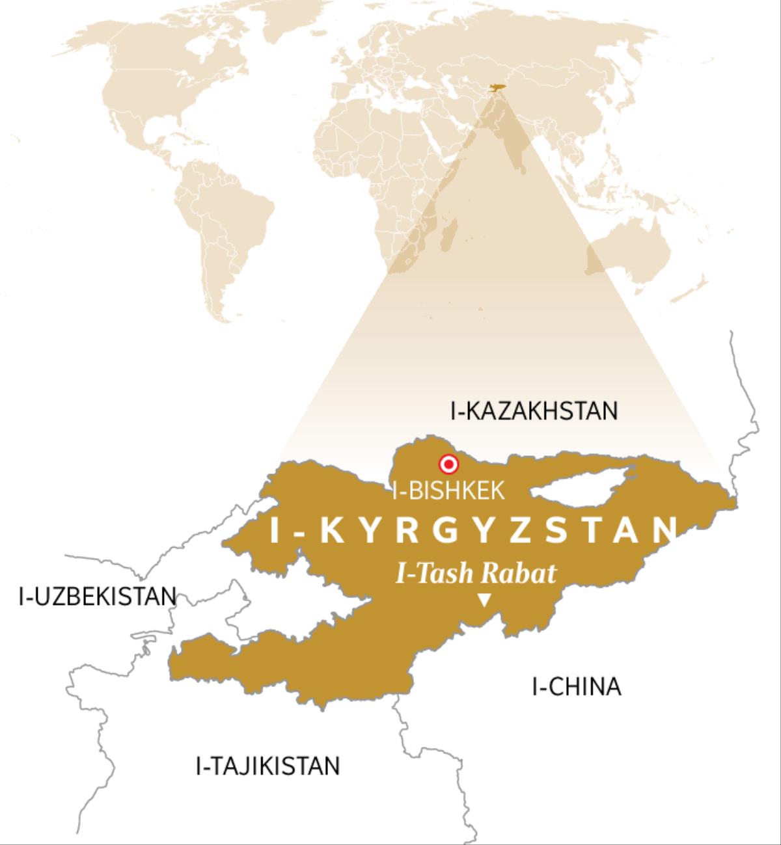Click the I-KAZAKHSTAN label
pos(533,411)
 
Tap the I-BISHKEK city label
pos(448,490)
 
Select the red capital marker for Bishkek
pos(448,464)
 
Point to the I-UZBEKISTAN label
pos(98,596)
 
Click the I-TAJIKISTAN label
pos(267,766)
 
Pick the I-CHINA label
pos(576,687)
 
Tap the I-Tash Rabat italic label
pos(476,574)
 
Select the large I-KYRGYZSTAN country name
pos(474,530)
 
